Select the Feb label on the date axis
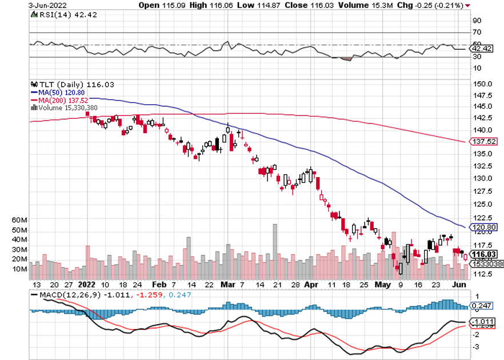[160, 283]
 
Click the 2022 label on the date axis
[86, 283]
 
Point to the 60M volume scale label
[37, 220]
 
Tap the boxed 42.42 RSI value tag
[482, 49]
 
